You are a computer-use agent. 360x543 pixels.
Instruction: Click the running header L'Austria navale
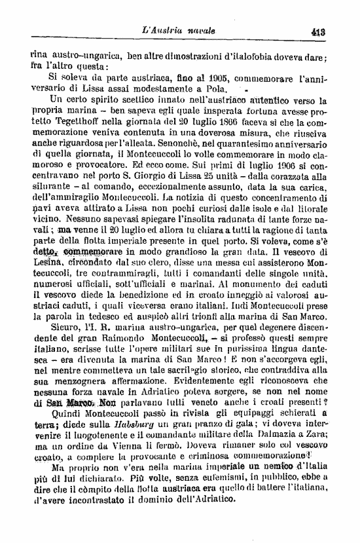coord(183,30)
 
